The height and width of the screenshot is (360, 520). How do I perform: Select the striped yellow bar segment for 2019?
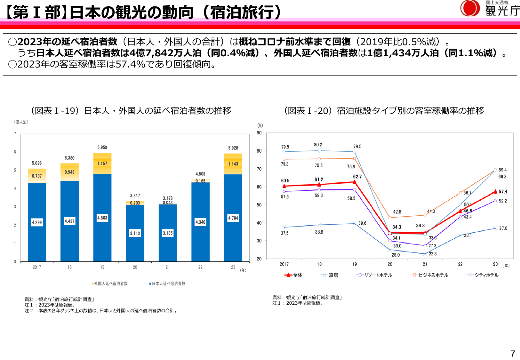(102, 164)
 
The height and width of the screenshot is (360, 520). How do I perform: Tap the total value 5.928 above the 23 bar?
(233, 148)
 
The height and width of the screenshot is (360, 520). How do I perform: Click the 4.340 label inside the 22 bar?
(200, 222)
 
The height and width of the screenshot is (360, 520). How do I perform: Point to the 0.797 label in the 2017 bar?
(37, 176)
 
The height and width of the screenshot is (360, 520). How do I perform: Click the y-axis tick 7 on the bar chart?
(15, 134)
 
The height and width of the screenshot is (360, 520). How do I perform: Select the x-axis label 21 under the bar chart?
(168, 267)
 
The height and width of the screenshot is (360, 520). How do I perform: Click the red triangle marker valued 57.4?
(495, 192)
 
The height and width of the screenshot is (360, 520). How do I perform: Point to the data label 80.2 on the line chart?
(318, 145)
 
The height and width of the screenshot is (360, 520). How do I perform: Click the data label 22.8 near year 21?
(433, 254)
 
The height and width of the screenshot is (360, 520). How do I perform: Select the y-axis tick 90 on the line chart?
(259, 133)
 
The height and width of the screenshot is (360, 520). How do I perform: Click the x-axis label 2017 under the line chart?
(284, 264)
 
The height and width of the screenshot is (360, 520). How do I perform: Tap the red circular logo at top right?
(470, 8)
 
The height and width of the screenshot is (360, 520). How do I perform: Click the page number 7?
(512, 354)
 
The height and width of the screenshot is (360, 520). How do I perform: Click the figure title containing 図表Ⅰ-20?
(384, 111)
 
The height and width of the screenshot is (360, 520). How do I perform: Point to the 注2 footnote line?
(101, 311)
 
